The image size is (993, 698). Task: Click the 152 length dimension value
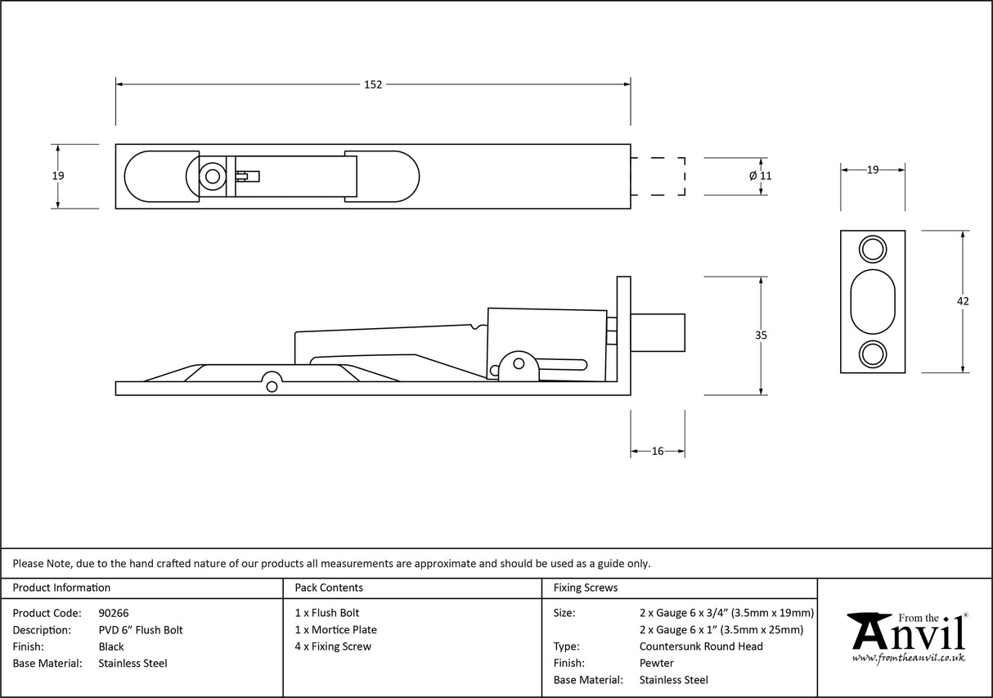click(373, 84)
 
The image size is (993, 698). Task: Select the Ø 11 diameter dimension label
click(761, 176)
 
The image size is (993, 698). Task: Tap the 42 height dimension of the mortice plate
click(963, 301)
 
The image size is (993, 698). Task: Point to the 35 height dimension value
click(762, 335)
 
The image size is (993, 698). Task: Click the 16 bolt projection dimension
click(658, 451)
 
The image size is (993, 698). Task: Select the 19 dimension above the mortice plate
click(873, 170)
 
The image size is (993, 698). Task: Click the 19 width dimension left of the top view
click(57, 176)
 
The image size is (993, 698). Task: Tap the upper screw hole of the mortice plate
click(873, 249)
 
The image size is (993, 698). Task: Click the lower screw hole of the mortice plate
click(873, 354)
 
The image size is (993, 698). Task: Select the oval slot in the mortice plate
click(873, 301)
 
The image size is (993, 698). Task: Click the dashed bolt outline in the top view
click(658, 176)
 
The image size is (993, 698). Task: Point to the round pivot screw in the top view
click(213, 176)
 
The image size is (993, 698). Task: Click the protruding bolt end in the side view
click(658, 331)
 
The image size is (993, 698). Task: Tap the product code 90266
click(113, 613)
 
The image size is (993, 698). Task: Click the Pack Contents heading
click(329, 588)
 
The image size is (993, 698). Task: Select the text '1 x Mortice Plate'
click(335, 630)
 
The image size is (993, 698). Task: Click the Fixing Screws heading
click(586, 588)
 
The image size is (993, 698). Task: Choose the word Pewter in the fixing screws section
click(657, 663)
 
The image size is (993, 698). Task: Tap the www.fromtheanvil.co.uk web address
click(909, 658)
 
